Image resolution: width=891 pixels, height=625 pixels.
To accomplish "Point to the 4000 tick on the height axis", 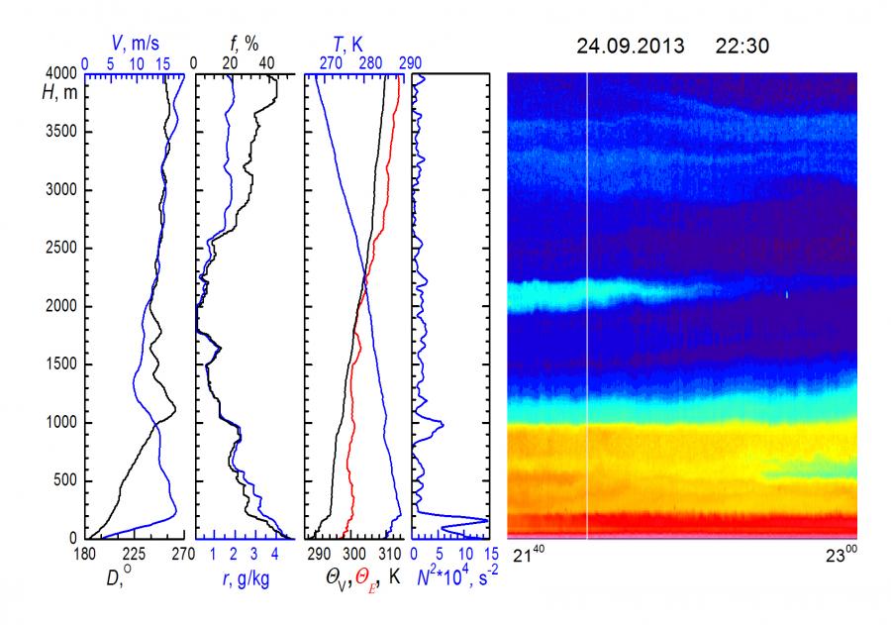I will point(64,73).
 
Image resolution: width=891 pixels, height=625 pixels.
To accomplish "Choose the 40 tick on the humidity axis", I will point(266,61).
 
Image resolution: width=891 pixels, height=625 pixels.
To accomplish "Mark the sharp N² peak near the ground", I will point(485,521).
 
